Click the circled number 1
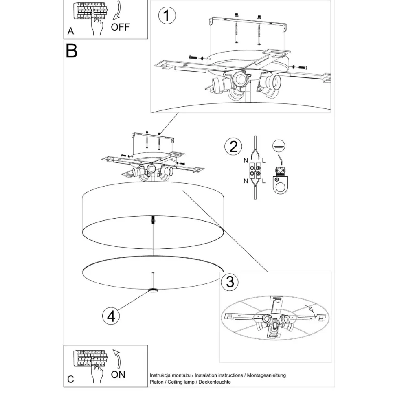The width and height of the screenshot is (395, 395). pyautogui.click(x=167, y=16)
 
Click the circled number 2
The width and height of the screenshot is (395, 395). pyautogui.click(x=233, y=146)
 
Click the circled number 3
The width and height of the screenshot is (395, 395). pyautogui.click(x=230, y=281)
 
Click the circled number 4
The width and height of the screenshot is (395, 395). pyautogui.click(x=111, y=316)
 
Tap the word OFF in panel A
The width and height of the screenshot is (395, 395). pyautogui.click(x=121, y=27)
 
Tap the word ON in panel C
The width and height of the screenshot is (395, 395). pyautogui.click(x=118, y=374)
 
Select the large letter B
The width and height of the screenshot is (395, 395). pyautogui.click(x=72, y=51)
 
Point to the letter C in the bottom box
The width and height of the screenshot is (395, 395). pyautogui.click(x=71, y=380)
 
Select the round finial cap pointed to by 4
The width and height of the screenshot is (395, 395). pyautogui.click(x=153, y=290)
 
